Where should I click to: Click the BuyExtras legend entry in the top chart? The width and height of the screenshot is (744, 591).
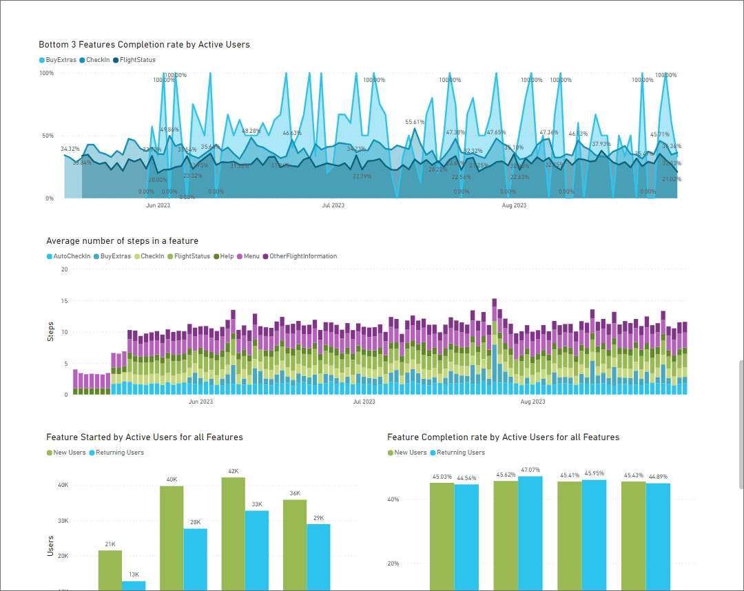(61, 60)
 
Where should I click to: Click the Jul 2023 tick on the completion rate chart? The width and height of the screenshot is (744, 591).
(333, 205)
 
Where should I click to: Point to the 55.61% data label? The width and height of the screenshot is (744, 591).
(415, 122)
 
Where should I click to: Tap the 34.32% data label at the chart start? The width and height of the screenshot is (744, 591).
(70, 149)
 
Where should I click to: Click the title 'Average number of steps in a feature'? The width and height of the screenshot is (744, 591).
(122, 241)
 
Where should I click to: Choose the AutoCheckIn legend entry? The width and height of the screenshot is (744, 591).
(71, 256)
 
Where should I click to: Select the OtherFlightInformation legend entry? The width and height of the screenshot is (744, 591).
(302, 256)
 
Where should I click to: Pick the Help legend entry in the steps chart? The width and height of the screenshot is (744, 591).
(227, 256)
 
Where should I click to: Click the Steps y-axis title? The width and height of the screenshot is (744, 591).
(50, 332)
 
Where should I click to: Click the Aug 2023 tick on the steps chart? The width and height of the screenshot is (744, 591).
(533, 402)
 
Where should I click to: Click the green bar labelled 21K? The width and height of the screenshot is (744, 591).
(110, 570)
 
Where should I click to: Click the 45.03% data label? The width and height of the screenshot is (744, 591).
(442, 477)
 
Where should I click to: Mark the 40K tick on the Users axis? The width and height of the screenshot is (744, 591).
(63, 485)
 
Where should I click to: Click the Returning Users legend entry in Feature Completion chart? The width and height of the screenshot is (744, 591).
(460, 453)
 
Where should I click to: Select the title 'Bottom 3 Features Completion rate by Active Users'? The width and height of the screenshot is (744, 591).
(144, 45)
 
